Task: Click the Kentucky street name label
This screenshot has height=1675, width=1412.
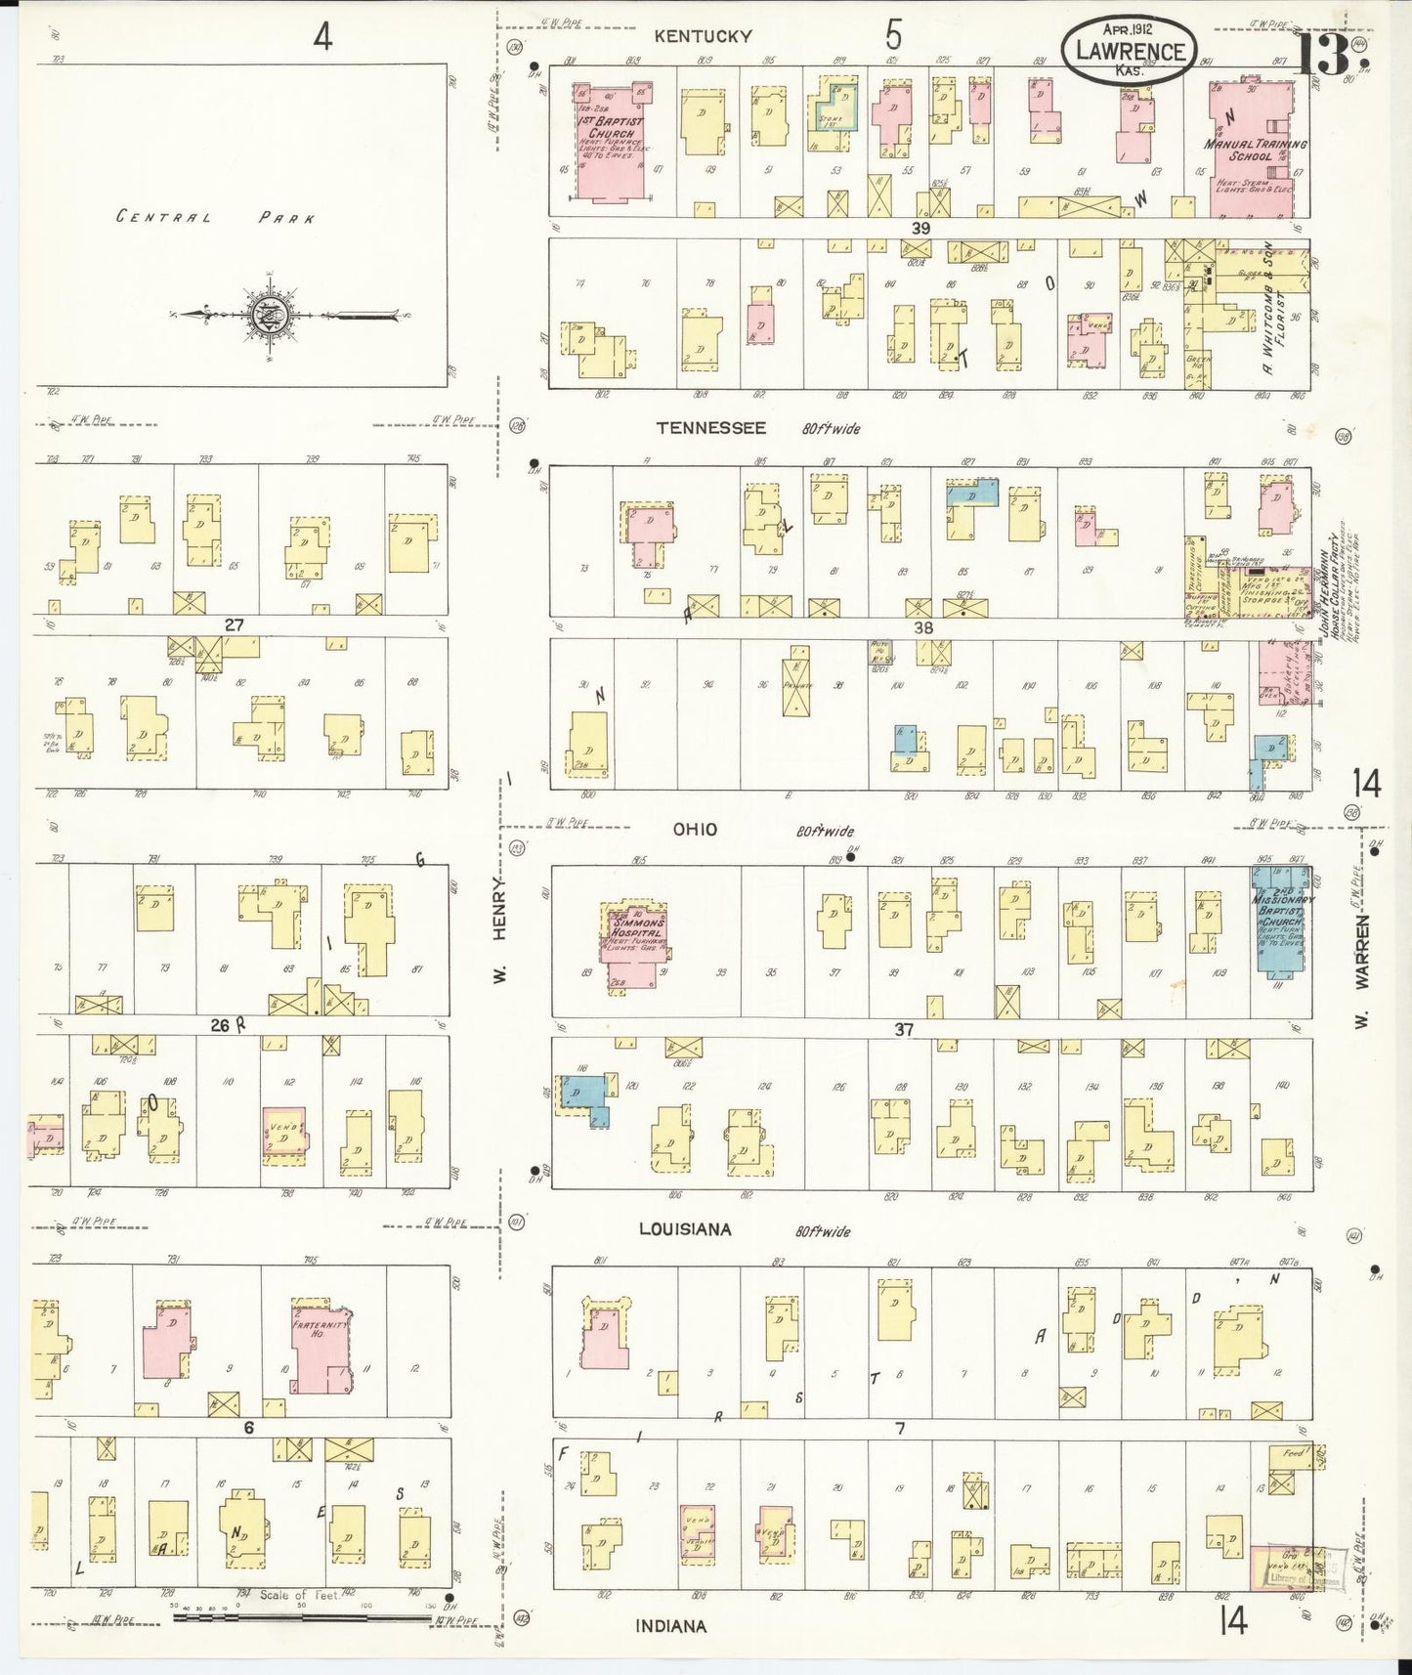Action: (703, 36)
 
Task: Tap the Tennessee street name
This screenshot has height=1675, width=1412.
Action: (710, 428)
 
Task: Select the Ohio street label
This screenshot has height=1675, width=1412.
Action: (695, 830)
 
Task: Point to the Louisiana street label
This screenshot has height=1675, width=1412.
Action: (684, 1229)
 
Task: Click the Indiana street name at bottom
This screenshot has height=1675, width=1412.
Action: (670, 1626)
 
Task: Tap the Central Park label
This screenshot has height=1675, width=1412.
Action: (215, 217)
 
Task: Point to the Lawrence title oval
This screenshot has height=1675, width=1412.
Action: (1130, 51)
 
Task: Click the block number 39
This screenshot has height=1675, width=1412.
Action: (920, 228)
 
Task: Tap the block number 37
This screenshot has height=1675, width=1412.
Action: (903, 1029)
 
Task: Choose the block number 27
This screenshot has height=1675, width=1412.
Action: (233, 625)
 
